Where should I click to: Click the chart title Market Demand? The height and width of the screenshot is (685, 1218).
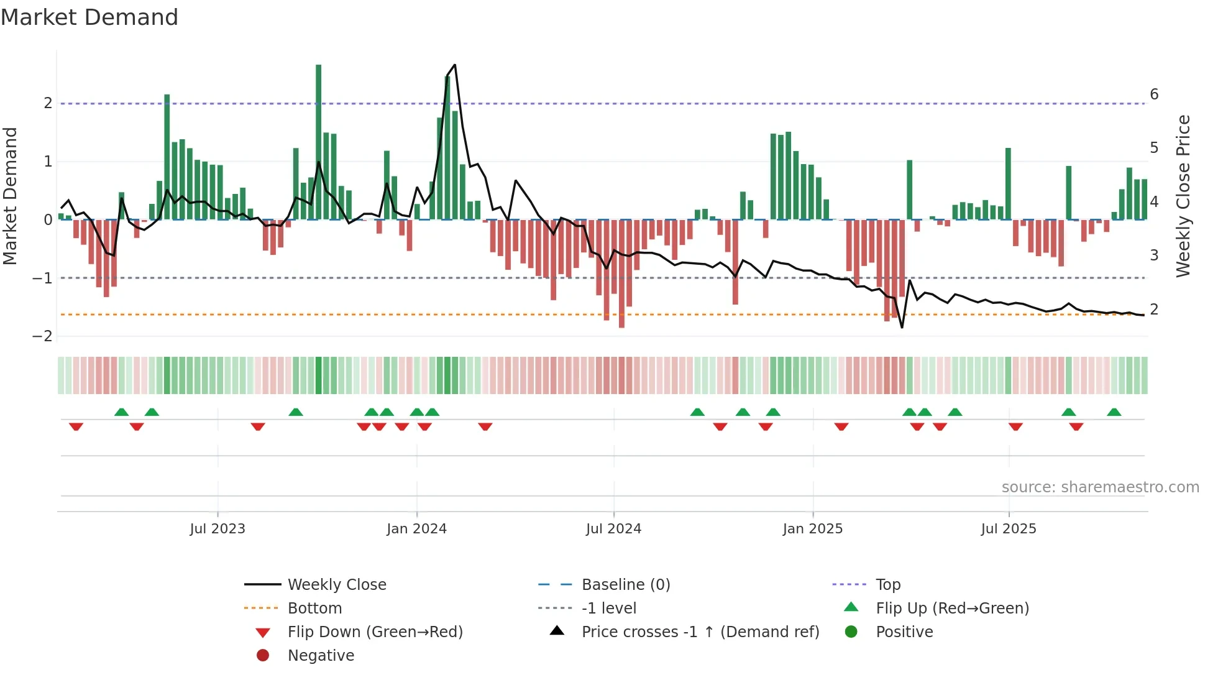tap(89, 17)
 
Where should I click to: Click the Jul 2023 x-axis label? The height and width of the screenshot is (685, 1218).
tap(217, 529)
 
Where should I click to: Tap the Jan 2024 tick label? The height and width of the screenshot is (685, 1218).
tap(416, 529)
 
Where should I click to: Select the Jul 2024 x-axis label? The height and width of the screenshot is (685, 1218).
tap(613, 529)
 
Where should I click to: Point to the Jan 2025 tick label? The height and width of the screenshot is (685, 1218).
tap(812, 529)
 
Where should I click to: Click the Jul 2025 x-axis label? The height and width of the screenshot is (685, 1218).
tap(1009, 529)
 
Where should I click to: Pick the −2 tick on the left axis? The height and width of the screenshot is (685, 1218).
tap(42, 336)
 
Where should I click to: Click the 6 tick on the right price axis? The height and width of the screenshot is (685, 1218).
tap(1154, 94)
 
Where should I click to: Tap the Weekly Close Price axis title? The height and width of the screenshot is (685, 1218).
tap(1183, 196)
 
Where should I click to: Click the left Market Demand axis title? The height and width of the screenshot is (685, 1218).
tap(10, 196)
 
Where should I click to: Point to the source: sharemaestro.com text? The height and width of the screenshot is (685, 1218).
tap(1100, 487)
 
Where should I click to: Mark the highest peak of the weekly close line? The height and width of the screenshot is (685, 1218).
tap(455, 65)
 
